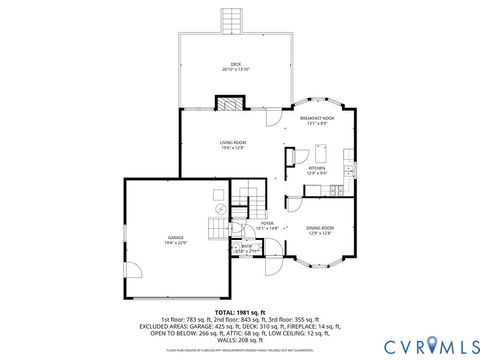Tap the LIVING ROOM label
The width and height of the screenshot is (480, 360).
coord(235,143)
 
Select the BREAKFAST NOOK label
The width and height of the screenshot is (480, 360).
coord(317,118)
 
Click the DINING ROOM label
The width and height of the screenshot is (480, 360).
coord(321,228)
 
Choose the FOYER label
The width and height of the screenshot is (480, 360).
coord(267,223)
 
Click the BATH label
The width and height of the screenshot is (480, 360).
coord(246,245)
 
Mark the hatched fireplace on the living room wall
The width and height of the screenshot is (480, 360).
coord(231,102)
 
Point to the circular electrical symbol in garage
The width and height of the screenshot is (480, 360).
coord(220,209)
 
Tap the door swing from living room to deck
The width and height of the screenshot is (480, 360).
coord(270,116)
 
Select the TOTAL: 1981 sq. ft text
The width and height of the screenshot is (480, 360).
coord(240,313)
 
